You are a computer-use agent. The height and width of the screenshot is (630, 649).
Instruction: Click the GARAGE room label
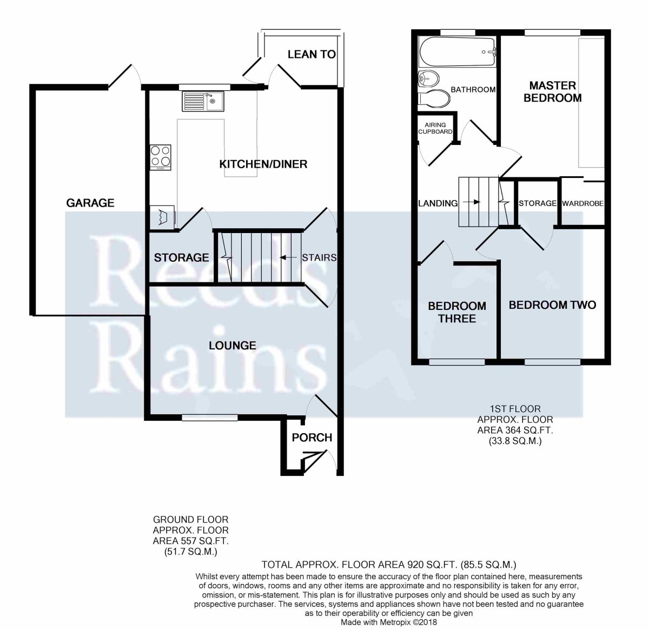click(x=90, y=203)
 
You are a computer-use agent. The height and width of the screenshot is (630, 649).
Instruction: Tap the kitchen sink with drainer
click(x=203, y=101)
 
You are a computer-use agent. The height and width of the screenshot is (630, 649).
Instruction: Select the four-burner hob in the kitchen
click(x=161, y=157)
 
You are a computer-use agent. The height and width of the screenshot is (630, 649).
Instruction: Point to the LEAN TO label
click(x=312, y=55)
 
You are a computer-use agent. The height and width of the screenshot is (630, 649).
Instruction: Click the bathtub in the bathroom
click(x=457, y=52)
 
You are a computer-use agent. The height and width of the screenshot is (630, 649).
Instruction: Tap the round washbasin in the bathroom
click(x=428, y=79)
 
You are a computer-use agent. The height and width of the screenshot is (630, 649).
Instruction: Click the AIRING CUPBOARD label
click(x=435, y=128)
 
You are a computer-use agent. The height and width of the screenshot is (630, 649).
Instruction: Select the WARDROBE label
click(x=582, y=203)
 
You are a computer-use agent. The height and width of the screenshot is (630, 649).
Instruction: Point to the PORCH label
click(x=312, y=437)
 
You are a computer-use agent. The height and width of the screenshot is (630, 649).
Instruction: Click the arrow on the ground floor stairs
click(x=288, y=257)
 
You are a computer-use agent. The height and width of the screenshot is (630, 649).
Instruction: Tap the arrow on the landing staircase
click(x=472, y=202)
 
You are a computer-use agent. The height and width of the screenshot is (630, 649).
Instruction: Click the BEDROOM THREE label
click(x=457, y=312)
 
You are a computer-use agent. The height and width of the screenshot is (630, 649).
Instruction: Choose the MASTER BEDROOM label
click(x=552, y=92)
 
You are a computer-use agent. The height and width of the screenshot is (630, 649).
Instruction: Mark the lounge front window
click(x=210, y=417)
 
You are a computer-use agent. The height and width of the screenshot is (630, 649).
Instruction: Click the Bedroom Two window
click(x=552, y=362)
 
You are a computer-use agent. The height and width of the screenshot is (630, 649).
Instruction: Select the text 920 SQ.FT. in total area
click(x=432, y=565)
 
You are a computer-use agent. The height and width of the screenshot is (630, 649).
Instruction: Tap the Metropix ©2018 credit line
click(x=388, y=622)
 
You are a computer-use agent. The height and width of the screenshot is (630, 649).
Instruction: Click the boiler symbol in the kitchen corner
click(x=162, y=217)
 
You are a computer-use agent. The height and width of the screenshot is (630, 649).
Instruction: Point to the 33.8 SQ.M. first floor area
click(x=515, y=441)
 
